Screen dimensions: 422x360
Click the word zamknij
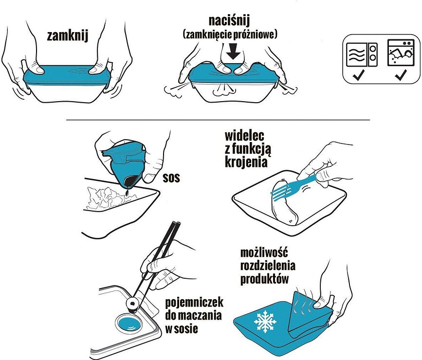68,36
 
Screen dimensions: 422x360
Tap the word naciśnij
230,21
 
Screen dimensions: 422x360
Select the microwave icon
362,55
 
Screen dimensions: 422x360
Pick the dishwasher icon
400,53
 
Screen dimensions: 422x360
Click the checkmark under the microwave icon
359,75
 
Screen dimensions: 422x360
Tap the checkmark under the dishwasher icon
401,75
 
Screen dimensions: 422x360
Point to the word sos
171,178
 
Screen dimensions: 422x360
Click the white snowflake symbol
265,322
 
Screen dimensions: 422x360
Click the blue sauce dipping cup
128,324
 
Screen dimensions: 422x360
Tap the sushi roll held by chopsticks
132,305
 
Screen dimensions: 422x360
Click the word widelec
244,136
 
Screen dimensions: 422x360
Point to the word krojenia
246,162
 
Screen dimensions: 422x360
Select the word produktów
265,279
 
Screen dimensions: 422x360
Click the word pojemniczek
194,303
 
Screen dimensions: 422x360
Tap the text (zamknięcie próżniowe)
230,35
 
